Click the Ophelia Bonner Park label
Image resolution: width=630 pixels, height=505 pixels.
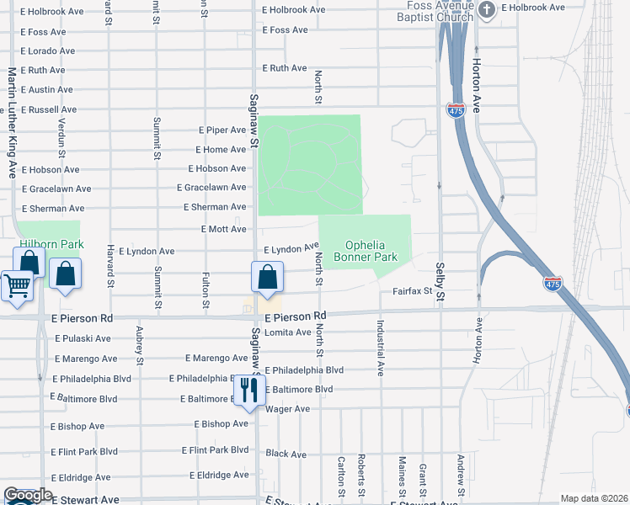point(365,250)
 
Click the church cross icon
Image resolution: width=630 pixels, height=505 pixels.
point(487,9)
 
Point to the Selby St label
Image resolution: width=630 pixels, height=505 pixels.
point(440,277)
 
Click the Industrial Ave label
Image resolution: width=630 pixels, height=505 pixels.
point(381,347)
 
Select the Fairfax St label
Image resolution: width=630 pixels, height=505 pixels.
point(412,291)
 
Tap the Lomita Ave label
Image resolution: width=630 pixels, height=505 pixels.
point(288,332)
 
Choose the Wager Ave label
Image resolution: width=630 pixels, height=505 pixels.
point(287,409)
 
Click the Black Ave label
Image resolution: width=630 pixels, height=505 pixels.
point(286,454)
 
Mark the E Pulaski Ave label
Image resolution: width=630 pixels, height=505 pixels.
point(83,338)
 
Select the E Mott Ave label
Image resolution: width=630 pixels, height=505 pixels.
point(224,229)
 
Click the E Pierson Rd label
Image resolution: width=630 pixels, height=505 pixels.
point(294,317)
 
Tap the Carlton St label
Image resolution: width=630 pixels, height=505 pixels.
point(341,476)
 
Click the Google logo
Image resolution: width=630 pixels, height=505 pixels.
point(28,495)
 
